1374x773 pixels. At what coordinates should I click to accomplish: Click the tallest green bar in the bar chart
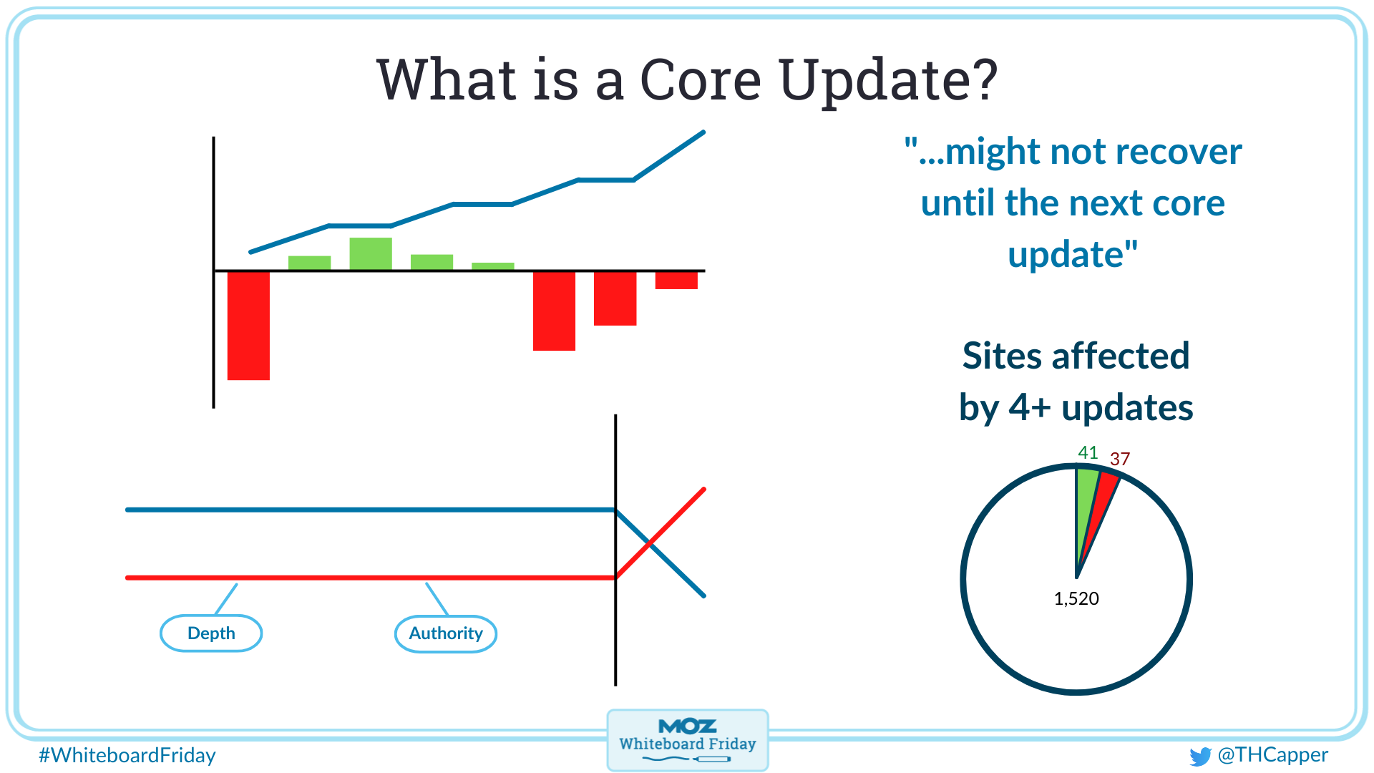click(x=371, y=253)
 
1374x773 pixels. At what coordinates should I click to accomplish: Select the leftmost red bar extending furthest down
click(x=248, y=326)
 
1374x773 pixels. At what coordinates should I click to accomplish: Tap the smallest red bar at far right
click(x=676, y=280)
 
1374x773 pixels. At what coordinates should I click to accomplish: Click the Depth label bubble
click(x=211, y=633)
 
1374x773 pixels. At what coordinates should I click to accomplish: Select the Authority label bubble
click(x=446, y=633)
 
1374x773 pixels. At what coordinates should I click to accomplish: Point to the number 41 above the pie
click(x=1088, y=452)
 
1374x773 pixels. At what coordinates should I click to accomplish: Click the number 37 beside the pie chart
click(x=1120, y=459)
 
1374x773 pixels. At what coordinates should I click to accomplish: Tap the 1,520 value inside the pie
click(x=1076, y=598)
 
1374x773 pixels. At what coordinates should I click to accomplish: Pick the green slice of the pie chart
click(x=1085, y=501)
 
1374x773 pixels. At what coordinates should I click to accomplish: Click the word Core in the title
click(x=700, y=80)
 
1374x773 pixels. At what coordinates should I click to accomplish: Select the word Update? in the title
click(x=888, y=80)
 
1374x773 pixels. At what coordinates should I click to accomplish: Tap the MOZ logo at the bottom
click(x=687, y=727)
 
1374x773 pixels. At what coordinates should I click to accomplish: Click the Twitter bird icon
click(x=1199, y=756)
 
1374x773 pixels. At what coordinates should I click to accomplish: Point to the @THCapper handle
click(x=1273, y=754)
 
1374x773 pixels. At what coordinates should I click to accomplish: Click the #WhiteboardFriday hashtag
click(x=127, y=755)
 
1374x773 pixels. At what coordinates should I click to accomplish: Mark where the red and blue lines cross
click(x=651, y=544)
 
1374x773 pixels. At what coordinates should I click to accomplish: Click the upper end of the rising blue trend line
click(x=702, y=133)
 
